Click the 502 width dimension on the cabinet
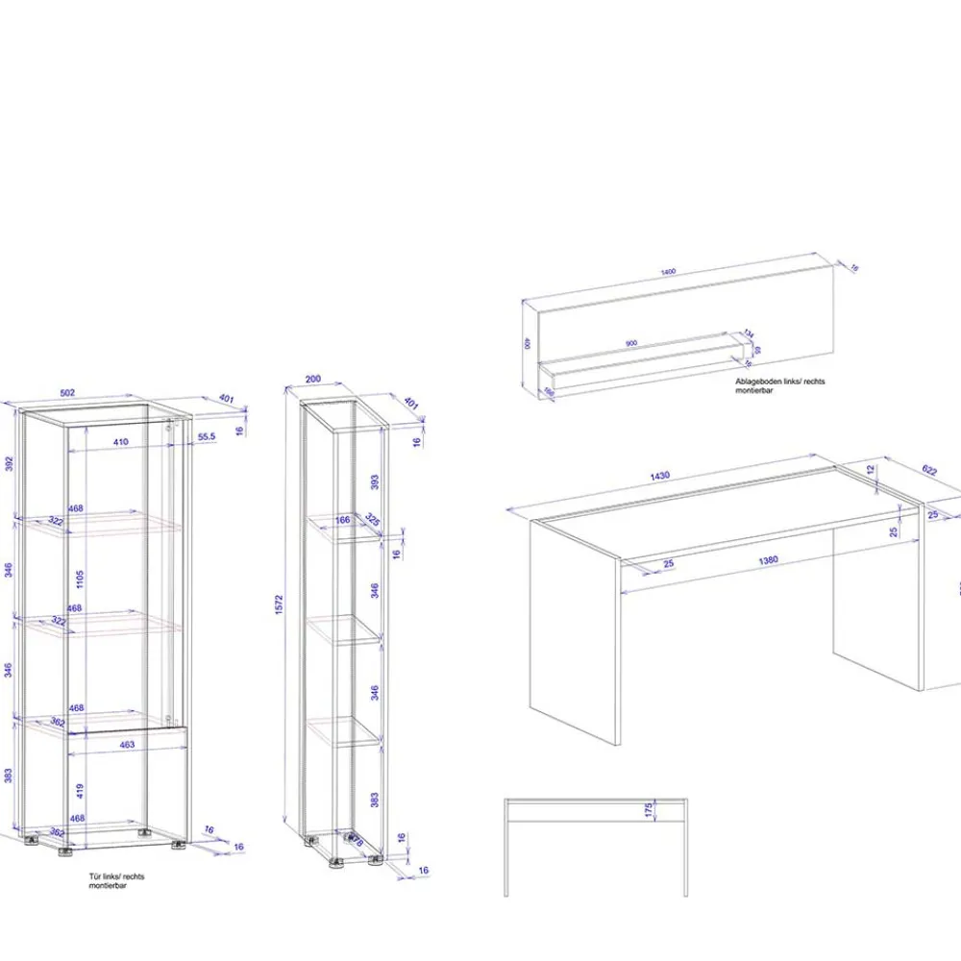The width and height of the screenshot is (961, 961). pyautogui.click(x=68, y=392)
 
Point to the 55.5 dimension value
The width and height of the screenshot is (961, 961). pyautogui.click(x=206, y=437)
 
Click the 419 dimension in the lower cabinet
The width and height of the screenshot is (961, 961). pyautogui.click(x=81, y=792)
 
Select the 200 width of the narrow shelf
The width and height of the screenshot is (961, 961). pyautogui.click(x=313, y=380)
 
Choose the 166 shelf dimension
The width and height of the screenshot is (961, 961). pyautogui.click(x=342, y=521)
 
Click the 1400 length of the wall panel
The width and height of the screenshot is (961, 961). pyautogui.click(x=668, y=272)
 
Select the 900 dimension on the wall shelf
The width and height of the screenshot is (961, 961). pyautogui.click(x=631, y=343)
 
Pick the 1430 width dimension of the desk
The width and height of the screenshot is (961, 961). pyautogui.click(x=659, y=476)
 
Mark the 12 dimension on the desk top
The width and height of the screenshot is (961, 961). pyautogui.click(x=871, y=470)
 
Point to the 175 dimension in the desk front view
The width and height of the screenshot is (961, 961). pyautogui.click(x=649, y=810)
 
